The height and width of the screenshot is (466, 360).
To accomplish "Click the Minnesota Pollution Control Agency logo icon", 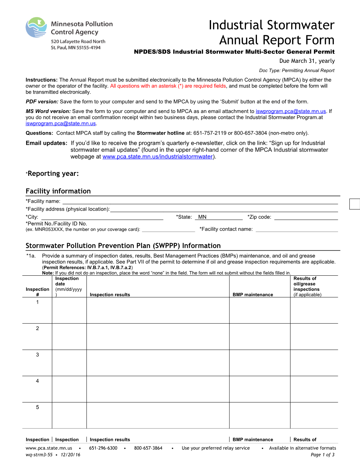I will tap(36, 28).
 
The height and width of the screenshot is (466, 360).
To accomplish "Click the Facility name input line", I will tap(200, 201).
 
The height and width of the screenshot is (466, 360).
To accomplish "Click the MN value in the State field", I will tap(202, 217).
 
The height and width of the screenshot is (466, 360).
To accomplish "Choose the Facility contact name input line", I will tap(296, 229).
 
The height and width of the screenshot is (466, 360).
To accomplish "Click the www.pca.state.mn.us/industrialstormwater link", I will tap(157, 157).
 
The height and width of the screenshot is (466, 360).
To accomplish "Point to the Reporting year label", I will tap(53, 173).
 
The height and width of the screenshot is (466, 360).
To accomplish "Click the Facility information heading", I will tap(58, 191).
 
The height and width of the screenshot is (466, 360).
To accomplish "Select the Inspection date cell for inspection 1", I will tap(69, 310).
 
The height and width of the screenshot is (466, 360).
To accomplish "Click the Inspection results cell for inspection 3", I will tap(158, 363).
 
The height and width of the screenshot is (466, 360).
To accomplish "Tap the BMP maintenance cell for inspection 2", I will tap(259, 336).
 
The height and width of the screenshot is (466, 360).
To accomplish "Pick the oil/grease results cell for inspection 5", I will tap(314, 415).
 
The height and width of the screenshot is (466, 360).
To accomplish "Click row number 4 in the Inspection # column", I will tap(37, 381).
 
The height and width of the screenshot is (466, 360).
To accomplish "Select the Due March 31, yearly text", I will tap(307, 61).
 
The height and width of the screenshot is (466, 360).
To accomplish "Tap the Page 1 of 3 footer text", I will tap(322, 455).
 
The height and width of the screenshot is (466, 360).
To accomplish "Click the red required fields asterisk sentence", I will tap(168, 86).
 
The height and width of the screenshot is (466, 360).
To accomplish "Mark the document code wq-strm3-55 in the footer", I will tap(39, 455).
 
